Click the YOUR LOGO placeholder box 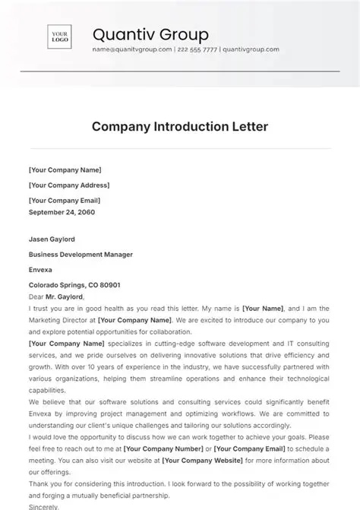[60, 38]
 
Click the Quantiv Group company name [150, 34]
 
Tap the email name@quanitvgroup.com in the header [131, 49]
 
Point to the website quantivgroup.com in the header [251, 49]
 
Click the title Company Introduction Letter [179, 126]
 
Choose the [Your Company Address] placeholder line [69, 185]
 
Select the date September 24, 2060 [64, 212]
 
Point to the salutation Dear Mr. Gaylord [57, 296]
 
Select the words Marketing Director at [62, 320]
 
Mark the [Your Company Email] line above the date [64, 200]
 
